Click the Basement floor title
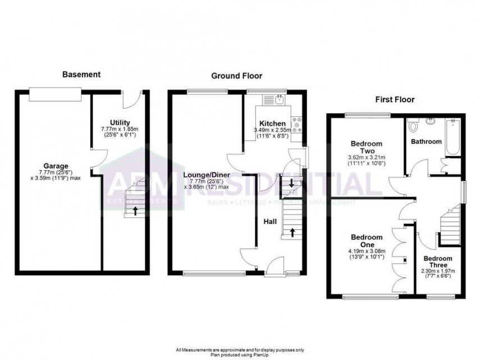click(x=81, y=74)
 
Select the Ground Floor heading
click(x=236, y=76)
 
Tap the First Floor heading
click(x=395, y=100)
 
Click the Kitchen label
click(x=272, y=124)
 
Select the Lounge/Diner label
click(x=207, y=175)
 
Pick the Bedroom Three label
click(x=438, y=263)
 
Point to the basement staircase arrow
click(x=135, y=211)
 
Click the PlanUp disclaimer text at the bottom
click(x=240, y=352)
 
